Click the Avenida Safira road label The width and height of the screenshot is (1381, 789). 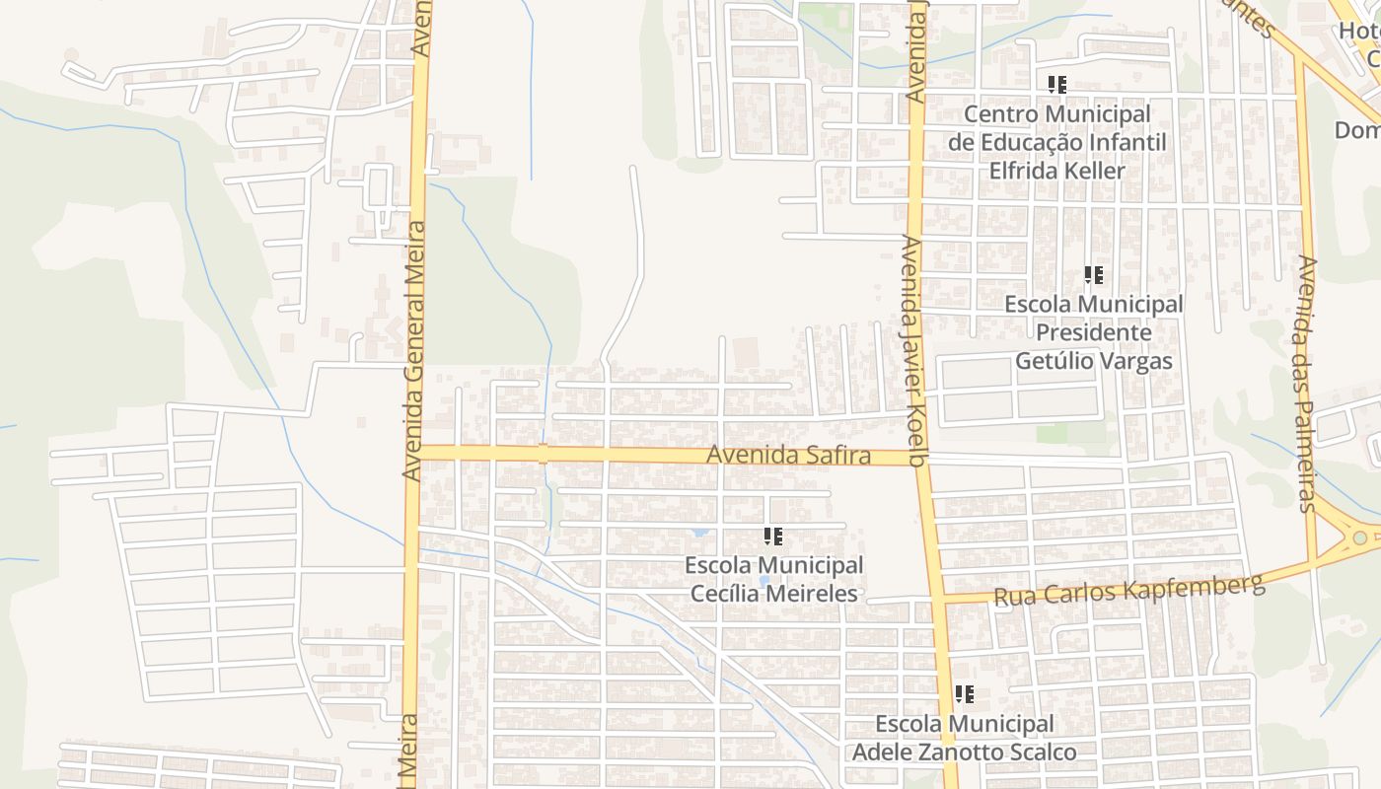[x=789, y=456]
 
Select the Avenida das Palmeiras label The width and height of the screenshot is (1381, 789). [x=1308, y=385]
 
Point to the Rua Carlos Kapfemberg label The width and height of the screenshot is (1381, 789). [x=1128, y=590]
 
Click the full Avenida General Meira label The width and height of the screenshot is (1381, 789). [x=413, y=350]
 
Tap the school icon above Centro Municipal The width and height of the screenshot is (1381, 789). [x=1057, y=85]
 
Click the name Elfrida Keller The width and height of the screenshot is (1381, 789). [x=1056, y=170]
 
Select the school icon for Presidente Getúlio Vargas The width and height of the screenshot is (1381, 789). [x=1093, y=275]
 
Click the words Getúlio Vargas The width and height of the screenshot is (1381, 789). [x=1094, y=360]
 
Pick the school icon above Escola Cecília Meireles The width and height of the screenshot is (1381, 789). [x=773, y=537]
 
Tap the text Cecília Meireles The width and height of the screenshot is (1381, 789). [x=773, y=594]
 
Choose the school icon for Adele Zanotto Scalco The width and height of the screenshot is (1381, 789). [x=964, y=694]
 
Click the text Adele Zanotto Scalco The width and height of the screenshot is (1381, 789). [x=964, y=753]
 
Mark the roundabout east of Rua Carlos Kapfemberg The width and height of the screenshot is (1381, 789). [x=1360, y=538]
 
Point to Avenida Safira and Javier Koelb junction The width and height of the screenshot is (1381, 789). [x=920, y=458]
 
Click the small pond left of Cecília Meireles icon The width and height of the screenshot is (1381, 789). [x=700, y=532]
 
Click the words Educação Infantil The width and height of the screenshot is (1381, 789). [x=1056, y=142]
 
